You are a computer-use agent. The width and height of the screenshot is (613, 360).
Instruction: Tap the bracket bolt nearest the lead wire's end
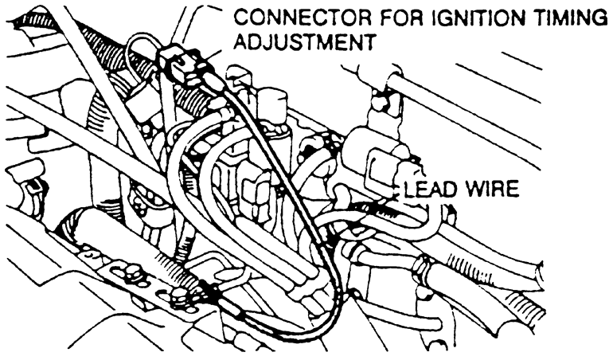point(180,299)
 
